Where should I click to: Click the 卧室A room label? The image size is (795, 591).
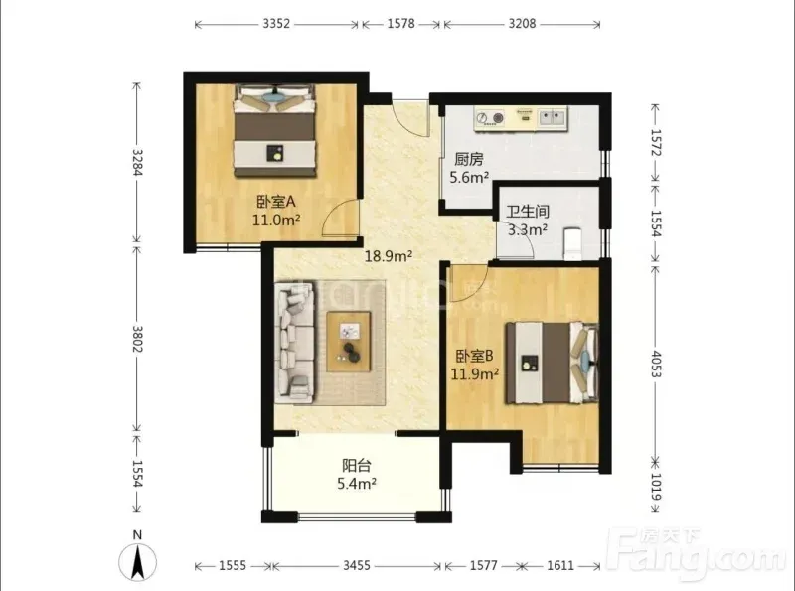pos(276,203)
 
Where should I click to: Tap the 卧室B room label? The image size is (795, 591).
pos(474,356)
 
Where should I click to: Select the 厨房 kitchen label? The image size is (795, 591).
pos(468,160)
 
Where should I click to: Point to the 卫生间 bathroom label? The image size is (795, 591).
pos(528,212)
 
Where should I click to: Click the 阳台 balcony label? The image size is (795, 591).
pos(357,465)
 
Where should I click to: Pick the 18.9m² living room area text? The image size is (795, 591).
pos(389,256)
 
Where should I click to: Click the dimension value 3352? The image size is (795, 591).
pos(276,24)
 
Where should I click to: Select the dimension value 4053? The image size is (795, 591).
pos(656,364)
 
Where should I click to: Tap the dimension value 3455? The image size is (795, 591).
pos(357,565)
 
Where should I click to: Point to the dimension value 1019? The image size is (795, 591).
pos(656,487)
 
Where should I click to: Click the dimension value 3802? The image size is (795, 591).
pos(137,339)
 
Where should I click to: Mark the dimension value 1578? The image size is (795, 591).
pos(401,24)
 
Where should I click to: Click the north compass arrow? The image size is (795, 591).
pos(137,561)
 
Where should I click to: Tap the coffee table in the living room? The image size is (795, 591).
pos(349,342)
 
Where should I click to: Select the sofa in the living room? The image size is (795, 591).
pos(294,343)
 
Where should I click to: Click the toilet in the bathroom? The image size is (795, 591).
pos(573,244)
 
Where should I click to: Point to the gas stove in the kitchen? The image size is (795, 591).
pos(490,118)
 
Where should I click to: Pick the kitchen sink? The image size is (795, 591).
pos(552,118)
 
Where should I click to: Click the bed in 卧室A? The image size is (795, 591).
pos(274,131)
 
